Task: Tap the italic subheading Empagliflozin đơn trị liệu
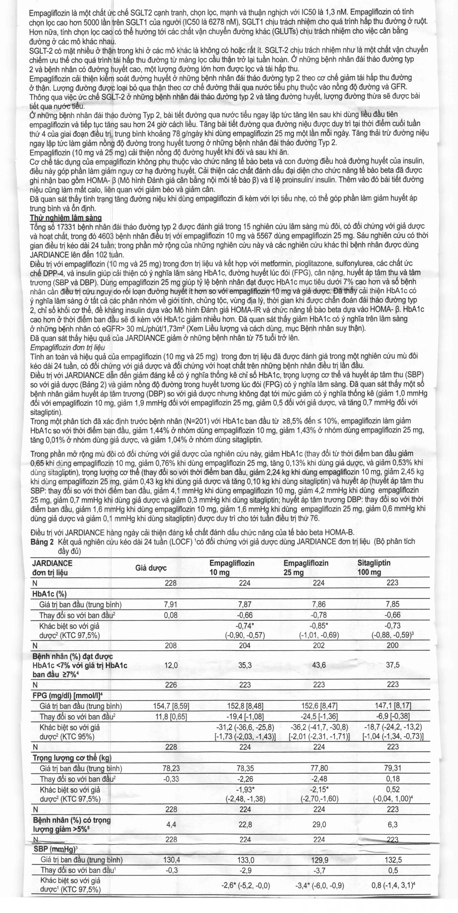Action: tap(67, 347)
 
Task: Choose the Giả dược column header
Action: tap(151, 568)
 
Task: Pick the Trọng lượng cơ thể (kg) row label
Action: tap(72, 758)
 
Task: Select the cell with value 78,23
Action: tap(171, 768)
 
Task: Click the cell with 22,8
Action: tap(245, 825)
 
